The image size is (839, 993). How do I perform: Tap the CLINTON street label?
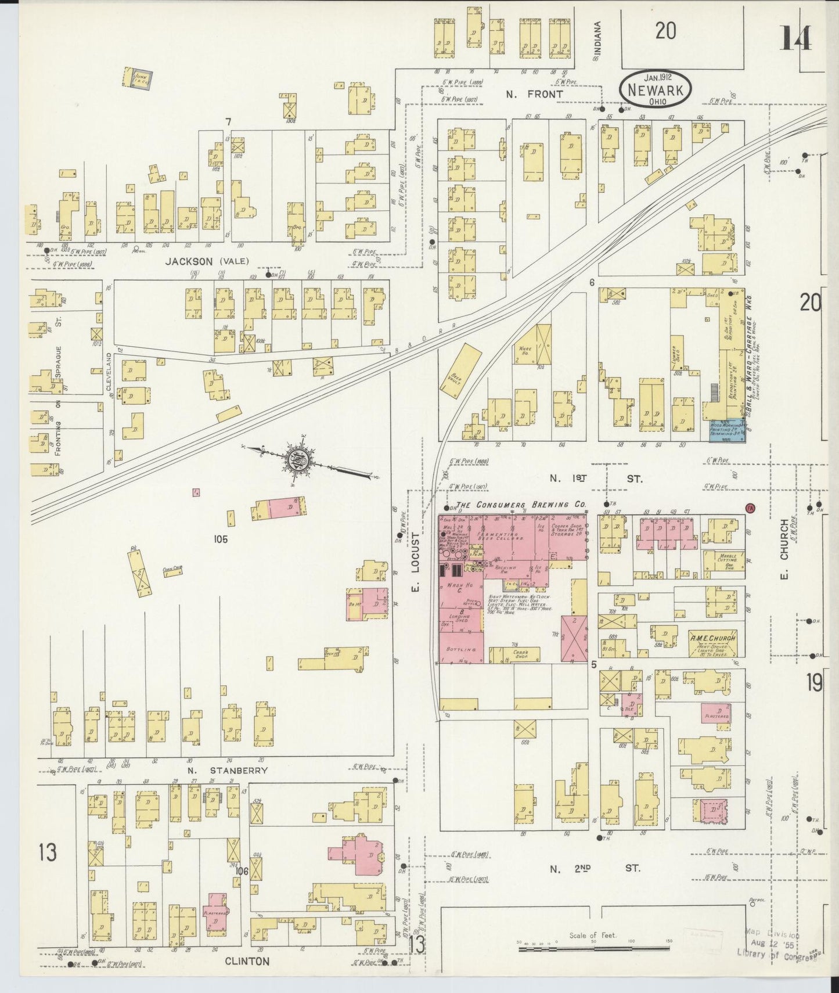247,961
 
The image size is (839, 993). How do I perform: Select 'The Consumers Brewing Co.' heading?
521,505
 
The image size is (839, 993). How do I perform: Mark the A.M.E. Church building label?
712,638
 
